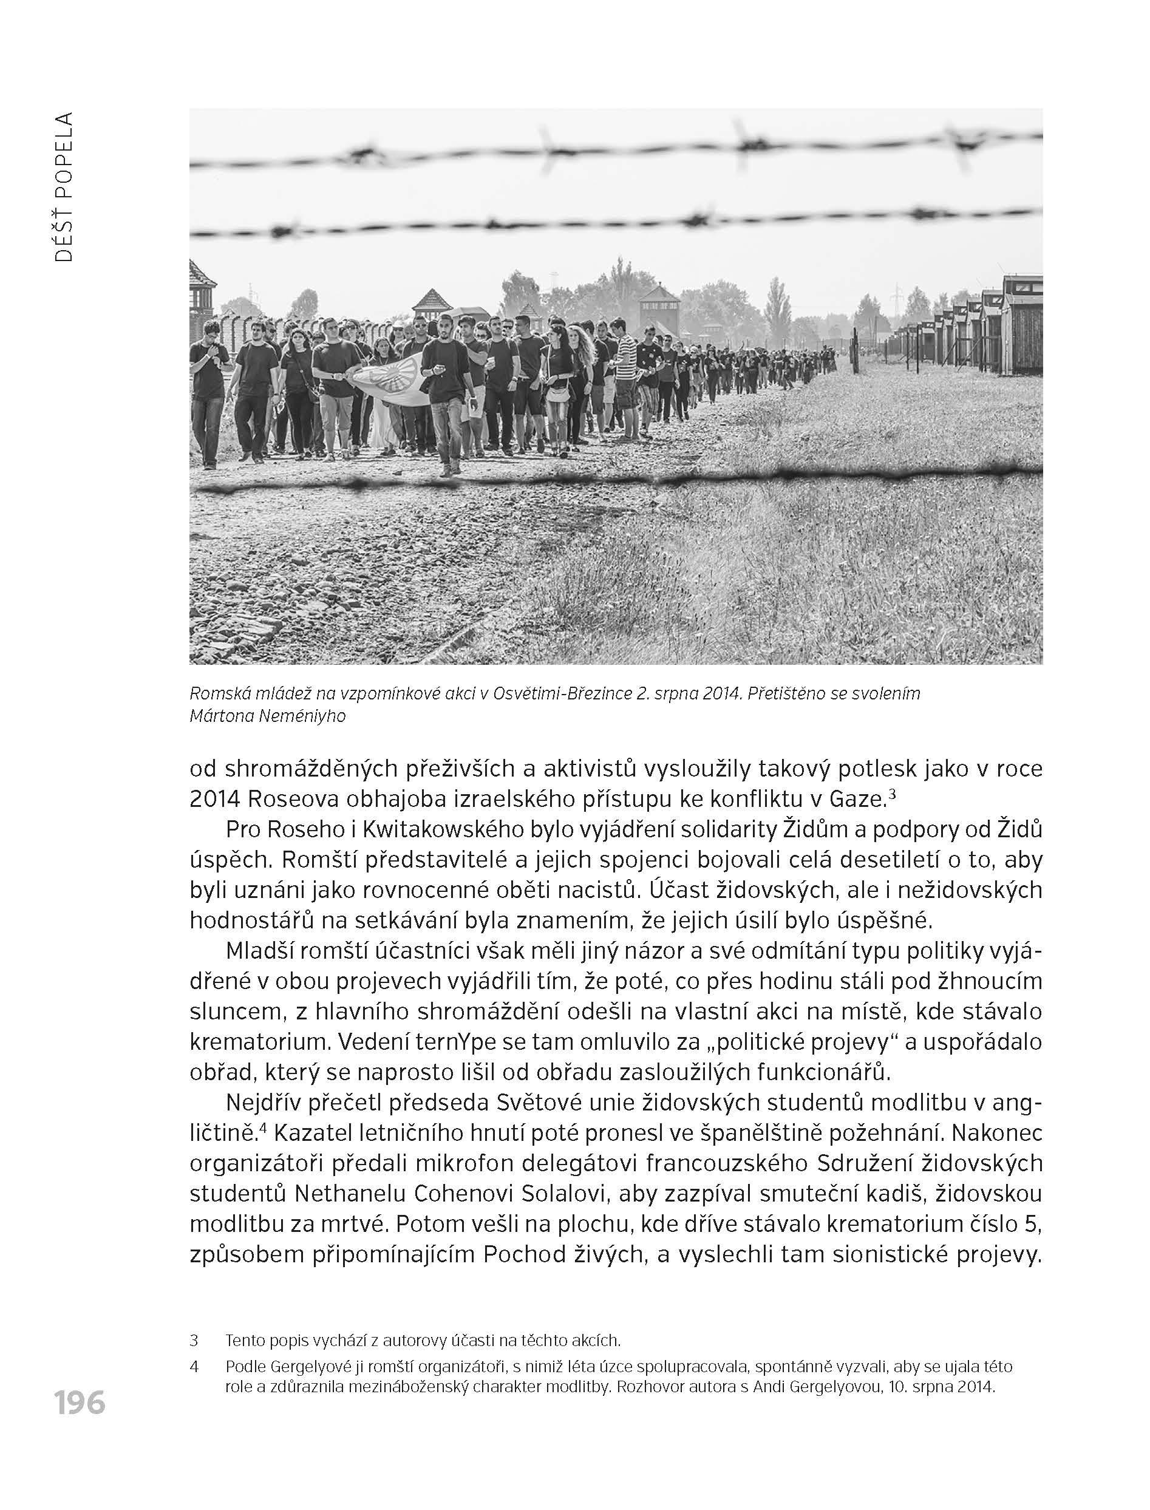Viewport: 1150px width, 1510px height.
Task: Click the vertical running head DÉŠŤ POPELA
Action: [64, 187]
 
